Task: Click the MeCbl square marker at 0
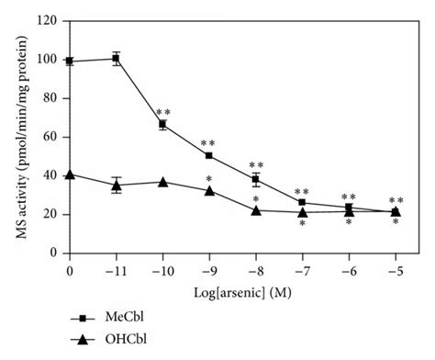pos(70,61)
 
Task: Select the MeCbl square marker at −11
pos(116,58)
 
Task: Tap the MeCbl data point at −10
pos(162,124)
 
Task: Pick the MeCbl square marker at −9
pos(209,155)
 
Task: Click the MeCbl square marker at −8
pos(256,179)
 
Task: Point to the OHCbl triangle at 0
pos(70,174)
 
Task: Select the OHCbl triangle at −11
pos(116,185)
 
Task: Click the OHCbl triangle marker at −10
pos(162,181)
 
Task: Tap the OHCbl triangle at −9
pos(209,190)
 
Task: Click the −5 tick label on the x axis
pos(395,271)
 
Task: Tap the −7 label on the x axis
pos(302,271)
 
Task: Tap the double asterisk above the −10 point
pos(163,112)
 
